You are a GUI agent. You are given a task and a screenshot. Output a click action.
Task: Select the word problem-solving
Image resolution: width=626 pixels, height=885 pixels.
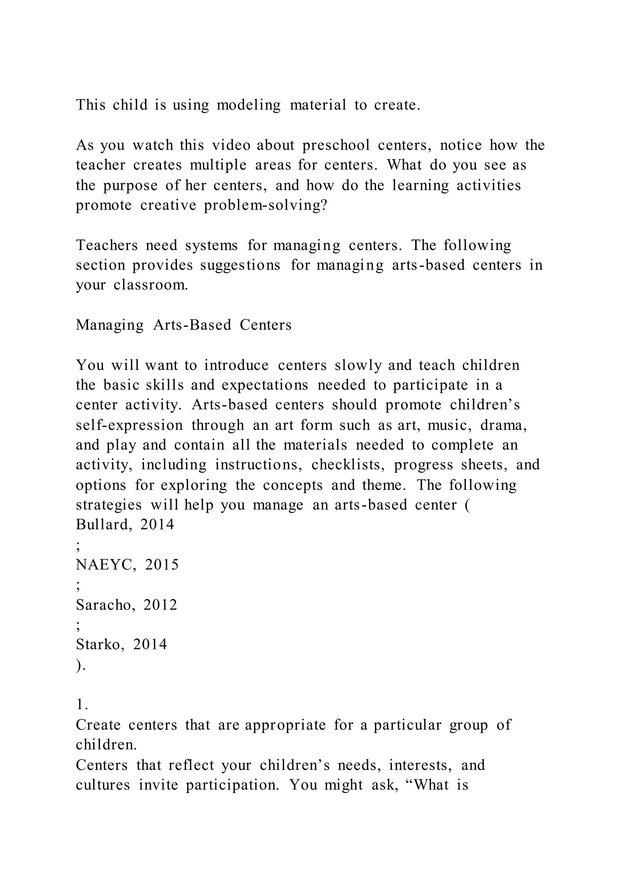tap(265, 205)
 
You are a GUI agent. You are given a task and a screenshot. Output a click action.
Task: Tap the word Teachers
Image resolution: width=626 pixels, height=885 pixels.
tap(106, 245)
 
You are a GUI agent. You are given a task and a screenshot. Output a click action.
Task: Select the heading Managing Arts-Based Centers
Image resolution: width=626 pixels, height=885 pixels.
tap(183, 325)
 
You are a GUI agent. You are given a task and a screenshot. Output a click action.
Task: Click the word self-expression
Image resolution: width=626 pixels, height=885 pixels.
tap(129, 425)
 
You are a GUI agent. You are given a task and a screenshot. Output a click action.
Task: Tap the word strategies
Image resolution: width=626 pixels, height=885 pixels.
tap(109, 505)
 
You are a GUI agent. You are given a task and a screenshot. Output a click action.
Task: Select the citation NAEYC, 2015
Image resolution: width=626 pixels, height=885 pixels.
tap(127, 564)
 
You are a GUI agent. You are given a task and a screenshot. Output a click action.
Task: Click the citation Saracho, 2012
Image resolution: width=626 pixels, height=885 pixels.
tap(127, 605)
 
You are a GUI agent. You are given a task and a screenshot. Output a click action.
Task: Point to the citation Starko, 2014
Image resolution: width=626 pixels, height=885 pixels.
tap(121, 644)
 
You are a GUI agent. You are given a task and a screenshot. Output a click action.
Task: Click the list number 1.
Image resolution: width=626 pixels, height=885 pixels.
tap(82, 705)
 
